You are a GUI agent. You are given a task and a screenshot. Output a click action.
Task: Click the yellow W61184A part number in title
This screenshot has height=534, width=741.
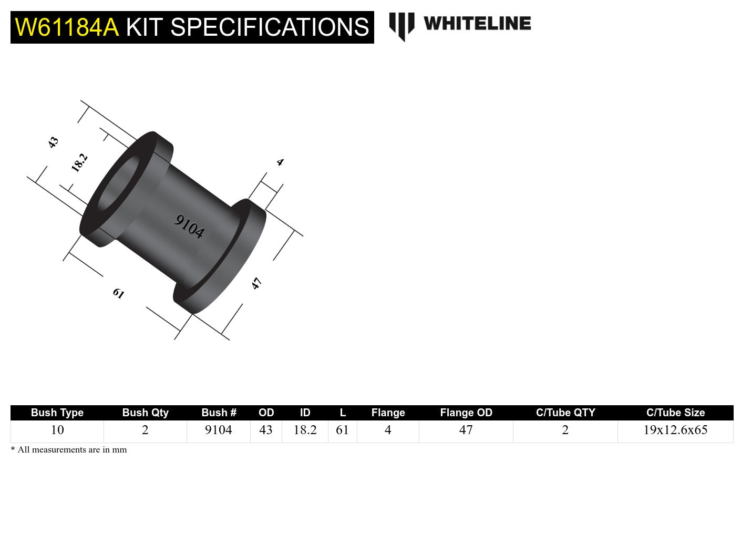pyautogui.click(x=67, y=27)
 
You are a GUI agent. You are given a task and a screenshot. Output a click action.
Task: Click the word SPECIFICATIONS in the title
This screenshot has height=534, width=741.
pyautogui.click(x=270, y=27)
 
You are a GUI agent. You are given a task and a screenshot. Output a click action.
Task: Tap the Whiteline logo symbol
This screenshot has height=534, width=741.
pyautogui.click(x=402, y=26)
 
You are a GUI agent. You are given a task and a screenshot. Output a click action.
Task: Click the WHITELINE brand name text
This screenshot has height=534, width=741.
pyautogui.click(x=477, y=24)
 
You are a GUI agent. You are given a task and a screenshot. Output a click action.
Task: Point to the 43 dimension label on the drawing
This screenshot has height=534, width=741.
pyautogui.click(x=53, y=142)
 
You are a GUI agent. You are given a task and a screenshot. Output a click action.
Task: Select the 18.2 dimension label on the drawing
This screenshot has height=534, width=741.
pyautogui.click(x=79, y=162)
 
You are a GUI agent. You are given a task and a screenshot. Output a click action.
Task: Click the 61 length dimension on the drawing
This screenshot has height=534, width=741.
pyautogui.click(x=118, y=293)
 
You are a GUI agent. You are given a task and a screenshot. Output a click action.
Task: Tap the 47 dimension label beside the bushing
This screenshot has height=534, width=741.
pyautogui.click(x=256, y=284)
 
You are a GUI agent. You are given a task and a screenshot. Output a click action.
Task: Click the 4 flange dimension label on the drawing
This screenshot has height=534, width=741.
pyautogui.click(x=280, y=162)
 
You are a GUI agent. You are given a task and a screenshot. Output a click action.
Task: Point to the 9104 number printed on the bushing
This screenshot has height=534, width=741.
pyautogui.click(x=189, y=227)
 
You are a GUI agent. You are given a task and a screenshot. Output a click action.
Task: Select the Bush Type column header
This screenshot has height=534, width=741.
pyautogui.click(x=57, y=413)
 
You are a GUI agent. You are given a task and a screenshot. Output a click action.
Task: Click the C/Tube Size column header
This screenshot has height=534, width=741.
pyautogui.click(x=675, y=413)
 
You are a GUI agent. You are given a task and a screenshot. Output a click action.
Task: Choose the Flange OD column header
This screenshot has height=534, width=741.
pyautogui.click(x=466, y=413)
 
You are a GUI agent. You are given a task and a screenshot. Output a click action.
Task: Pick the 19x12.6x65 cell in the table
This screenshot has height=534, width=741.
pyautogui.click(x=675, y=430)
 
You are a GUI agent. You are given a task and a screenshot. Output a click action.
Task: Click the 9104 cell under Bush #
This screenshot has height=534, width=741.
pyautogui.click(x=218, y=430)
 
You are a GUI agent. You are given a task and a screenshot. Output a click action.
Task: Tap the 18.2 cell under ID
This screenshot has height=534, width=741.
pyautogui.click(x=305, y=430)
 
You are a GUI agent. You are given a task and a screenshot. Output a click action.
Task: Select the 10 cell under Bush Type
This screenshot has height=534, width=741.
pyautogui.click(x=57, y=430)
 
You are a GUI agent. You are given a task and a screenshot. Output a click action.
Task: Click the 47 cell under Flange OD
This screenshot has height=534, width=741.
pyautogui.click(x=466, y=430)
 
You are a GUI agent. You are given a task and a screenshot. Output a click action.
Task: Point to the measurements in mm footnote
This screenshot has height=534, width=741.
pyautogui.click(x=69, y=450)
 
